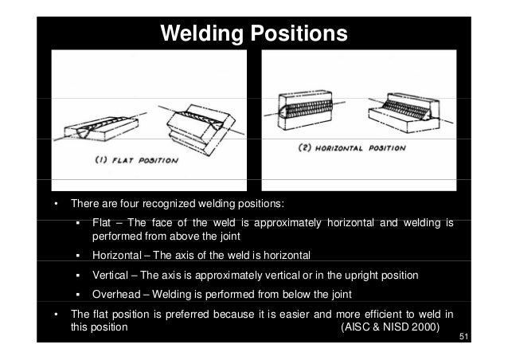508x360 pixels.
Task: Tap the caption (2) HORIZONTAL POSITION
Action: tap(351, 148)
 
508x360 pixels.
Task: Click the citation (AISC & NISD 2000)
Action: tap(389, 327)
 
